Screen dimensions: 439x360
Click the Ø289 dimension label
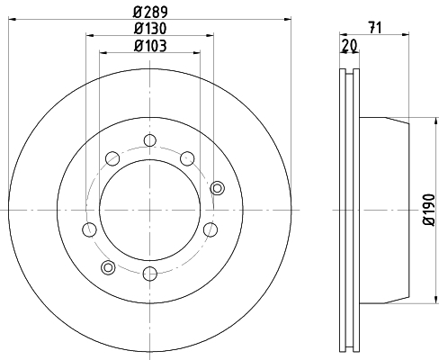pos(150,12)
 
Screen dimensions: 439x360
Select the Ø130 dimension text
pos(150,29)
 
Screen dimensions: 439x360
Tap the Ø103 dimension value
pos(150,46)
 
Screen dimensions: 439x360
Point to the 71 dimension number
pos(375,28)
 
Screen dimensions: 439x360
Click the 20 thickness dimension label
pos(350,46)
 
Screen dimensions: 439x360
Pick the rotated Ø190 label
pos(429,210)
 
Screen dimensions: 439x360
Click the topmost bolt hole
pos(150,140)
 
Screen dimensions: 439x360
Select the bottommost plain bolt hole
pos(150,274)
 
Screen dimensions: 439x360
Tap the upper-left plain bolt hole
pos(112,158)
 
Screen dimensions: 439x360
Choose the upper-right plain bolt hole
pos(187,158)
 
